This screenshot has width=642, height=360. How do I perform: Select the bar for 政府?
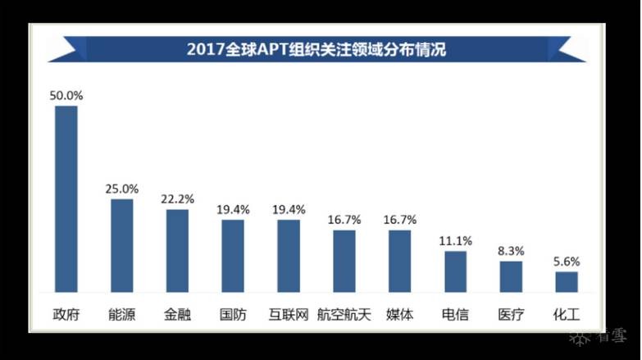[x=66, y=199]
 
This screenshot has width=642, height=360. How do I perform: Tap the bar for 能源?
[x=121, y=246]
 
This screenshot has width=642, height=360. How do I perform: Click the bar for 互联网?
[x=289, y=256]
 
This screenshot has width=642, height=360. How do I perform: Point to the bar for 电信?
[x=455, y=271]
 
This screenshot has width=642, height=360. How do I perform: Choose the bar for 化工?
[x=567, y=282]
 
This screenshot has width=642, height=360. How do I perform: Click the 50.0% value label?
[x=66, y=95]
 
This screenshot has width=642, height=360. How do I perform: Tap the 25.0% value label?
[x=121, y=189]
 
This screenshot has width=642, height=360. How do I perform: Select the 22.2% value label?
[x=177, y=199]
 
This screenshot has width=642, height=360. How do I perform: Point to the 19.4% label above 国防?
[x=233, y=209]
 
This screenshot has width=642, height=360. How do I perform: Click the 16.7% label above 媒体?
[x=400, y=220]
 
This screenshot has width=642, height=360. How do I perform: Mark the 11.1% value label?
[x=455, y=240]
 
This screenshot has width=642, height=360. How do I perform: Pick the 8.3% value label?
[x=511, y=251]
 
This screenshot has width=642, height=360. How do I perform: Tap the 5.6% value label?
[x=567, y=262]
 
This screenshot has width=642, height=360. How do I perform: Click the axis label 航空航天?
[x=344, y=314]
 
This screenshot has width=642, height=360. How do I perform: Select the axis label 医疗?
[x=511, y=314]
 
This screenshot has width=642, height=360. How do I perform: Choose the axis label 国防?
[x=233, y=314]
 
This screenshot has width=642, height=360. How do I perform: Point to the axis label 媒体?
[x=400, y=314]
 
